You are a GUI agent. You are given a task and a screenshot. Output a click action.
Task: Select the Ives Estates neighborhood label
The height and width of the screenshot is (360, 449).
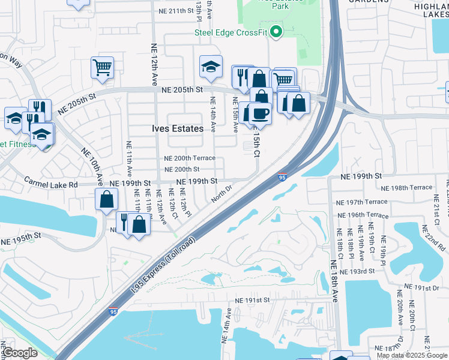tap(174, 128)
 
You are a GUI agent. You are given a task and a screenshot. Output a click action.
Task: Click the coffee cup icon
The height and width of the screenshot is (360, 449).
tap(260, 112)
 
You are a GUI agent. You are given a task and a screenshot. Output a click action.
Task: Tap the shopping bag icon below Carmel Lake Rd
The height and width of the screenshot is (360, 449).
tap(106, 200)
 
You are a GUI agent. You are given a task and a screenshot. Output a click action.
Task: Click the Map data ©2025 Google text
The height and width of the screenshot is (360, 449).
tap(411, 355)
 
